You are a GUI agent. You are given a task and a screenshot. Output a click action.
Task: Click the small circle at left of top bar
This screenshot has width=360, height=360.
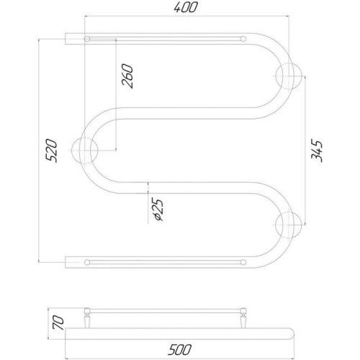87,38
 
